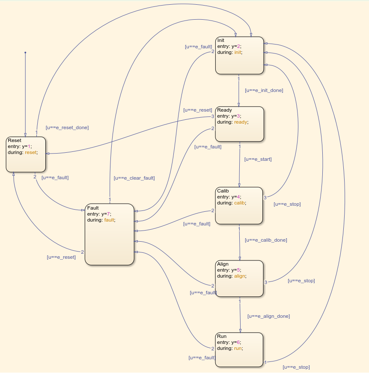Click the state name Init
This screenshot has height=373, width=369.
point(221,41)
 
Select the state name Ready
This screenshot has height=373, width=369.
point(224,110)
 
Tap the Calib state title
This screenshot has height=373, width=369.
point(223,191)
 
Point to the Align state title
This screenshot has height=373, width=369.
point(223,264)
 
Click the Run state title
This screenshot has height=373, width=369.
point(222,337)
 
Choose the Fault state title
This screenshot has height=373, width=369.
point(93,208)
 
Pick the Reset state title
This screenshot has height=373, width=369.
point(15,141)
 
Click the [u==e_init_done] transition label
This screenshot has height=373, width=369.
point(264,90)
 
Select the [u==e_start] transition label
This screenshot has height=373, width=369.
point(258,159)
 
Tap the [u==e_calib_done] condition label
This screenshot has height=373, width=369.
point(266,240)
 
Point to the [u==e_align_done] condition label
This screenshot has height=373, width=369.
point(268,316)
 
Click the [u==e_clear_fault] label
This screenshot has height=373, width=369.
point(134,178)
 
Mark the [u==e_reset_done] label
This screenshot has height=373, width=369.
point(67,127)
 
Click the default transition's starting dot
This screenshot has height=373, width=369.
point(25,53)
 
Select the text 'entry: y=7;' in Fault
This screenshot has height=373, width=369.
point(99,214)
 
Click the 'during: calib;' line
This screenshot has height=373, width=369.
point(232,203)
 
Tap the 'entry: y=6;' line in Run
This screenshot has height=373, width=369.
point(229,342)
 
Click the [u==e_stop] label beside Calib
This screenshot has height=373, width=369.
point(287,204)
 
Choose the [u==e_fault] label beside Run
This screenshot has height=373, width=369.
point(202,358)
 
